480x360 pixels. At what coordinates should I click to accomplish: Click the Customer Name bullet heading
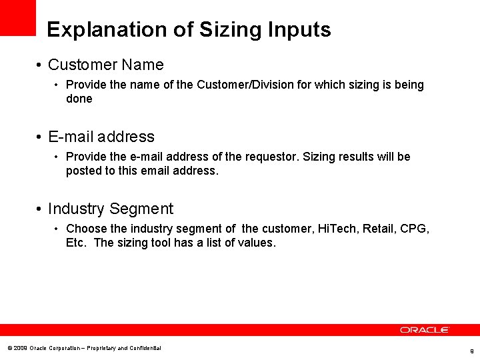pos(105,65)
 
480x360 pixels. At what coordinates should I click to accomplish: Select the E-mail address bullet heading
pos(101,137)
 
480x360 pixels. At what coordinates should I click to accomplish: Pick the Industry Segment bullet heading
pos(111,209)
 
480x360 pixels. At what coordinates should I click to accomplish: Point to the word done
pos(79,99)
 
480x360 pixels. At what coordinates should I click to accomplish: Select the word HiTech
pos(337,229)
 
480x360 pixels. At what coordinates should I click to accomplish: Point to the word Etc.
pos(76,243)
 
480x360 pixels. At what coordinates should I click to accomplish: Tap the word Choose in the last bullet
pos(86,229)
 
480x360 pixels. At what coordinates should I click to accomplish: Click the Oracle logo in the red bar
pos(425,330)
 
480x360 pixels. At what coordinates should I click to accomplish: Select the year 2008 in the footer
pos(20,348)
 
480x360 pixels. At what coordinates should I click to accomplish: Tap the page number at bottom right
pos(471,351)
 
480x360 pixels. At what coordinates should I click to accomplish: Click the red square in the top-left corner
pos(17,17)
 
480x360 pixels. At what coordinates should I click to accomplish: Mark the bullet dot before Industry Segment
pos(41,209)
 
